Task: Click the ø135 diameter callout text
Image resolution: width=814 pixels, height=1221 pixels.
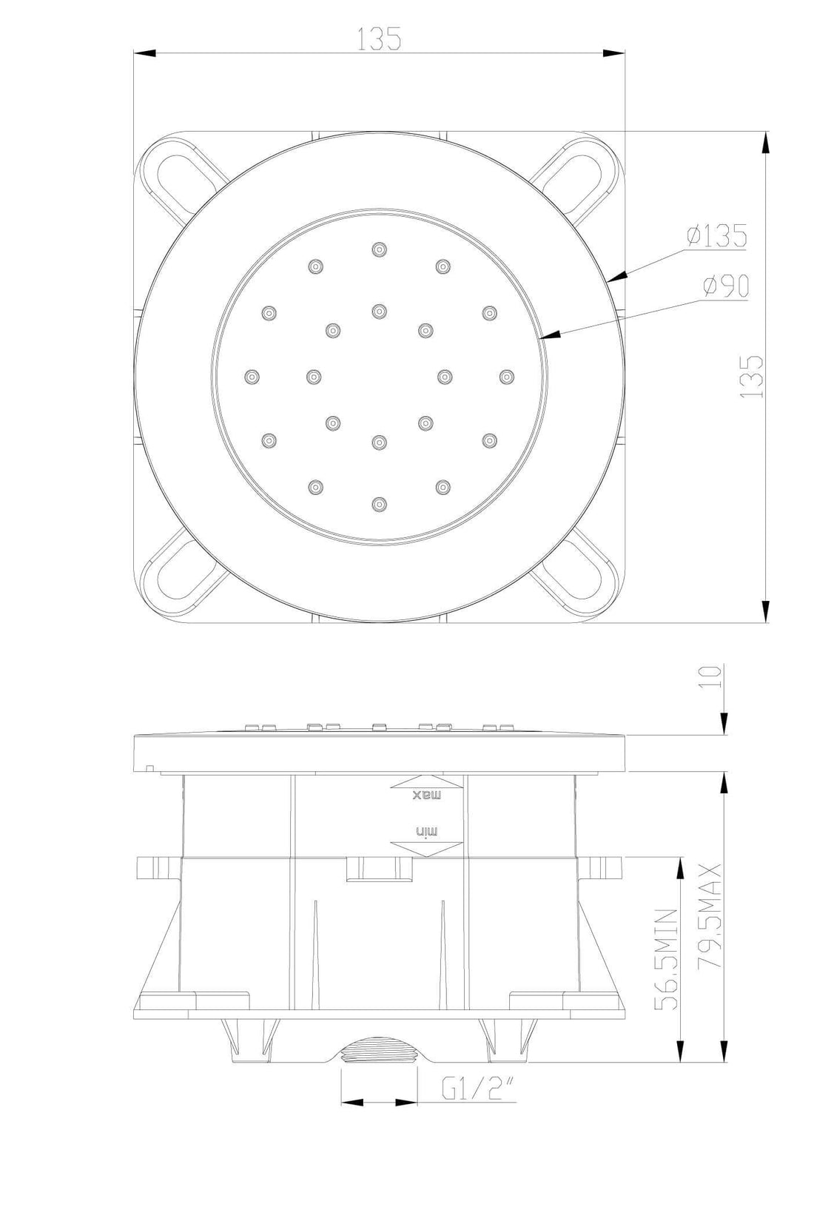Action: pyautogui.click(x=716, y=236)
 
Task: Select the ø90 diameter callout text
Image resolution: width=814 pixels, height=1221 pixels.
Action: pyautogui.click(x=726, y=286)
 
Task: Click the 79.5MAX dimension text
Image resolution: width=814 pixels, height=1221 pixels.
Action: pyautogui.click(x=710, y=922)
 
